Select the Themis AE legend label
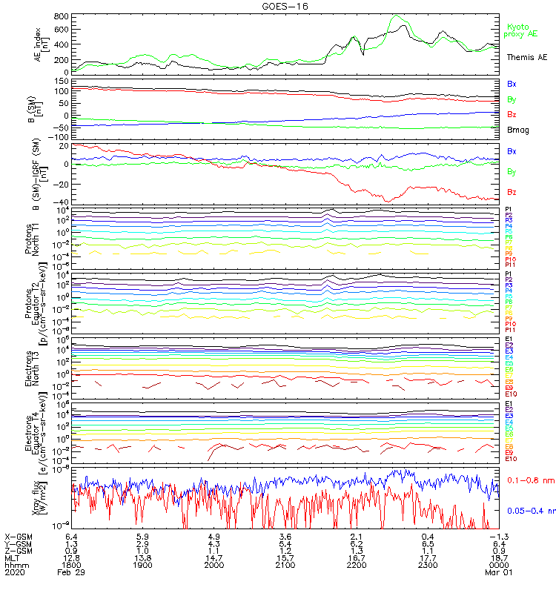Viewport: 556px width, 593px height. [526, 56]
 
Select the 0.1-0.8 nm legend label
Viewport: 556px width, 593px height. [527, 480]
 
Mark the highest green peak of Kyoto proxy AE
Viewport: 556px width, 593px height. [397, 16]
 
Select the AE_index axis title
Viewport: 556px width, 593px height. [39, 43]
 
